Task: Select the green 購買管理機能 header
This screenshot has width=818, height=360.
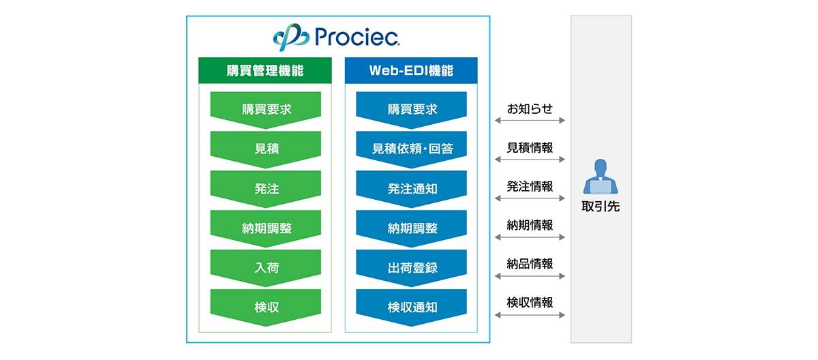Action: [x=265, y=70]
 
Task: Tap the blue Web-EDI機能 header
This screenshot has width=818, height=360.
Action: [x=411, y=70]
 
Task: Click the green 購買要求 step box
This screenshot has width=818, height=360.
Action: [x=265, y=109]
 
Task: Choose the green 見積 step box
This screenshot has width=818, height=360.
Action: [x=265, y=149]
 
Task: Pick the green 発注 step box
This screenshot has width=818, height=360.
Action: [x=265, y=188]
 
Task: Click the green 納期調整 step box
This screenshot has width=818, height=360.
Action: [x=265, y=228]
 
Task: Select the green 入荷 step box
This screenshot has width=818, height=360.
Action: [x=265, y=267]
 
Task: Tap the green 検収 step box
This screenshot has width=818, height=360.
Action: [x=265, y=307]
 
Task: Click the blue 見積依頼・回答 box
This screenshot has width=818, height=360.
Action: [x=412, y=149]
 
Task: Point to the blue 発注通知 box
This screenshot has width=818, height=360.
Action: [x=412, y=188]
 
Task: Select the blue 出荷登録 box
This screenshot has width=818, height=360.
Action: [x=412, y=267]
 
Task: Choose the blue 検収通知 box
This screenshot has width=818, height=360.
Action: [x=412, y=307]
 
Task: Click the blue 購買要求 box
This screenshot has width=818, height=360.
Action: [x=412, y=109]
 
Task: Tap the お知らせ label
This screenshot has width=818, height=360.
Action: [x=530, y=108]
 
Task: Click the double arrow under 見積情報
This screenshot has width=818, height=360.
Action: [x=530, y=160]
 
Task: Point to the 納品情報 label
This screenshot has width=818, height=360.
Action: [x=530, y=263]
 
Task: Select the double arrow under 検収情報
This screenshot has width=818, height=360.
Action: [x=530, y=315]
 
